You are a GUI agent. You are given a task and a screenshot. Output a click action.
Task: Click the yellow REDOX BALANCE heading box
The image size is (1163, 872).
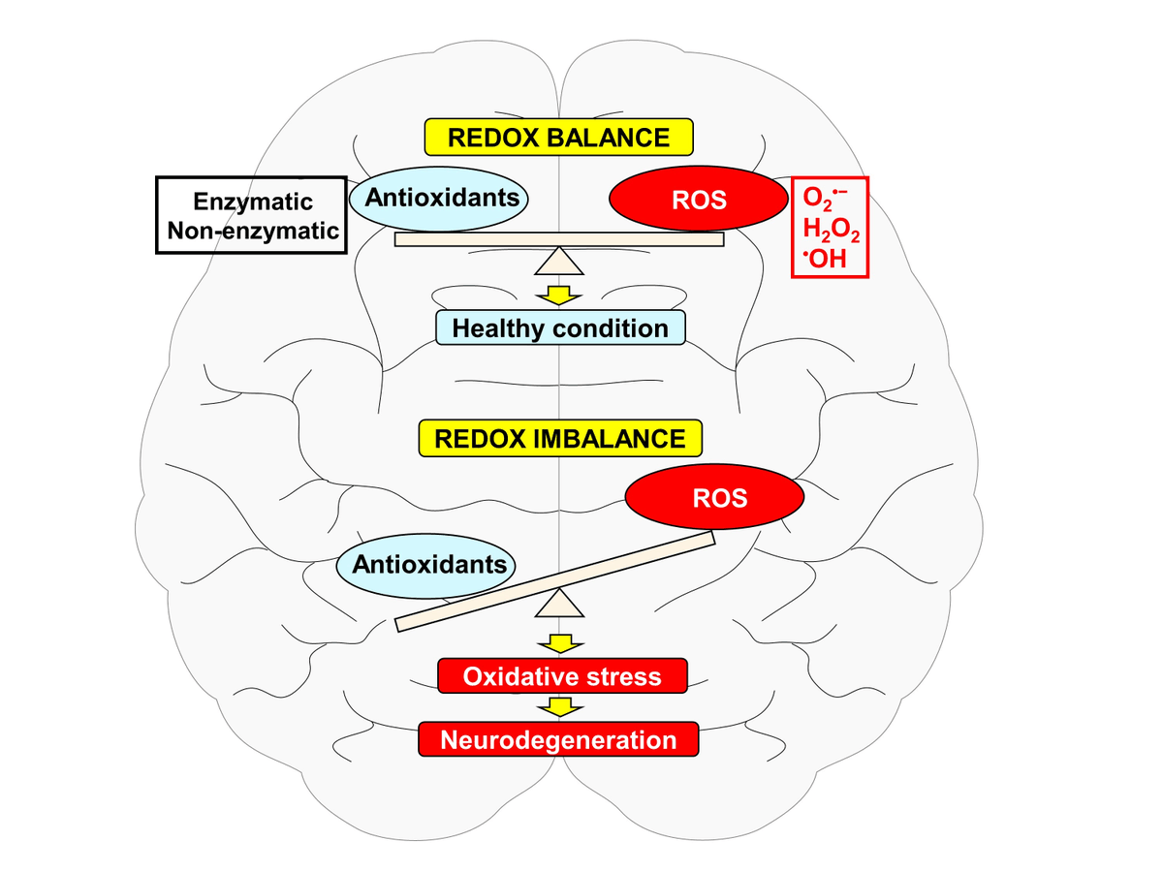pyautogui.click(x=559, y=138)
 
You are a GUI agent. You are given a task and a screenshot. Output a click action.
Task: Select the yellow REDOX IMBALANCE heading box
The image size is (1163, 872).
pyautogui.click(x=559, y=438)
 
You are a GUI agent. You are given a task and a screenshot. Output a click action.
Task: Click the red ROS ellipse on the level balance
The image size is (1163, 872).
pyautogui.click(x=698, y=201)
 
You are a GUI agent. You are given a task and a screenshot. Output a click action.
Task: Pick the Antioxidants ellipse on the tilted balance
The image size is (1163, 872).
pyautogui.click(x=426, y=564)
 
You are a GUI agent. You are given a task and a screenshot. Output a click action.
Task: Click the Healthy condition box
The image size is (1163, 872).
pyautogui.click(x=560, y=327)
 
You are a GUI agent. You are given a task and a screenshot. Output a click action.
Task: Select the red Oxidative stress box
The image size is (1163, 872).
pyautogui.click(x=562, y=675)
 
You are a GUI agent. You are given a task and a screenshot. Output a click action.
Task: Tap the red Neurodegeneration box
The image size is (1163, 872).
pyautogui.click(x=558, y=740)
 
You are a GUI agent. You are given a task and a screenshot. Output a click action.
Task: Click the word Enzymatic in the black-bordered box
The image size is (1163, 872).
pyautogui.click(x=253, y=202)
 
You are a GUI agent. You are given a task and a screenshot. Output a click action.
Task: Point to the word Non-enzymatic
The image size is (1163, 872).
pyautogui.click(x=253, y=231)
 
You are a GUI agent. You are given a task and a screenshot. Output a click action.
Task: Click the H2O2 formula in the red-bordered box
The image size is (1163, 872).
pyautogui.click(x=831, y=232)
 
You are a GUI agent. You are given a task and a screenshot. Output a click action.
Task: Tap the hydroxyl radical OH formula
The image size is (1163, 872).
pyautogui.click(x=825, y=260)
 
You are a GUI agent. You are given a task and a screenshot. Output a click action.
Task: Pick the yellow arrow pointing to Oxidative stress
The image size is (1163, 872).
pyautogui.click(x=559, y=642)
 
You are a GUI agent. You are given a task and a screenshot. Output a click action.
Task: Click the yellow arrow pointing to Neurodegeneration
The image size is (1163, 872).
pyautogui.click(x=559, y=707)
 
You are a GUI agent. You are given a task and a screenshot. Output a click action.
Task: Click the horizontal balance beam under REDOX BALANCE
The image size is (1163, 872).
pyautogui.click(x=559, y=239)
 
